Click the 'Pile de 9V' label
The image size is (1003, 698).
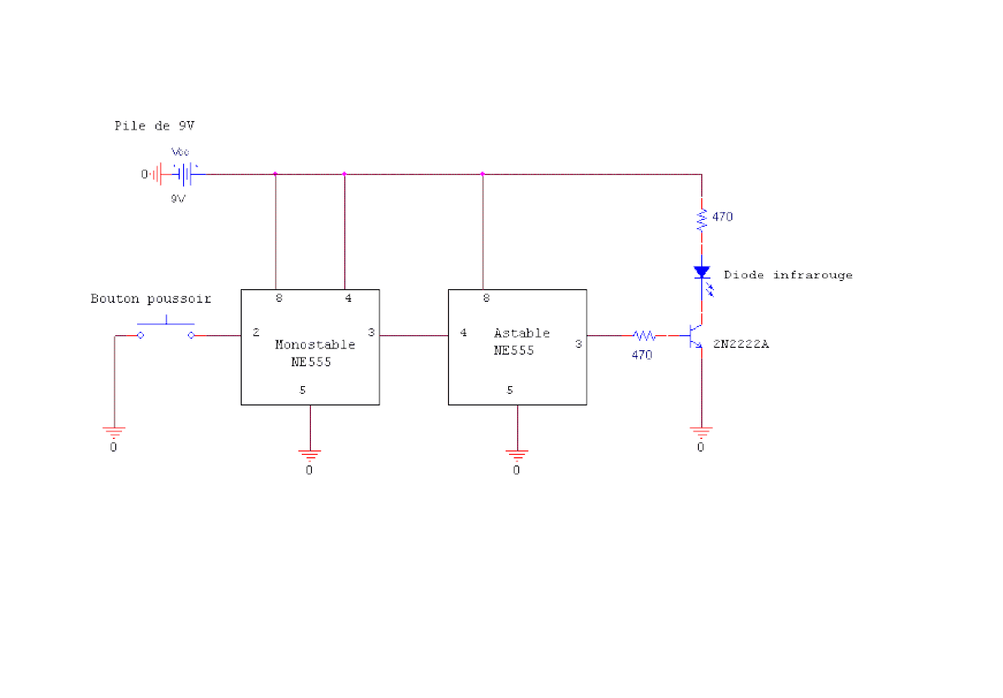155,126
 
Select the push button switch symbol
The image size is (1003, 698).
165,328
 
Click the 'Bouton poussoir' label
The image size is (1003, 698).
150,298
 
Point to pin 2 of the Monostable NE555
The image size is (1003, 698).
256,332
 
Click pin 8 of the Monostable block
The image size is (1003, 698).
279,298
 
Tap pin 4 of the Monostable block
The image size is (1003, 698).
349,298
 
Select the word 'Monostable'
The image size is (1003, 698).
315,344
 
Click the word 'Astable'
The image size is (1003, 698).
522,333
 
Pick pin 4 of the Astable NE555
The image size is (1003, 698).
463,333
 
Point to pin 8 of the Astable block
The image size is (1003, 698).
486,298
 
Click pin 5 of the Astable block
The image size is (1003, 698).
510,390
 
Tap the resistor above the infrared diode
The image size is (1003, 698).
701,220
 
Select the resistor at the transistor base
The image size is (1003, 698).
644,335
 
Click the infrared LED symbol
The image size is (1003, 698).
703,278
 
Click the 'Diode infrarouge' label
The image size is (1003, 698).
788,275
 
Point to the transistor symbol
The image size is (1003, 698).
695,336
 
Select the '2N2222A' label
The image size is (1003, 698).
741,344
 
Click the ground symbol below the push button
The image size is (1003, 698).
115,432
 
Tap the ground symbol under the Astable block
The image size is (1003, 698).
517,456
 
